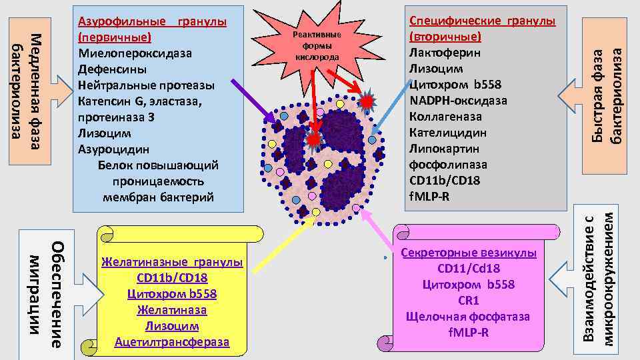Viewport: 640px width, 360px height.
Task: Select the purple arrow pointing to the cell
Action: point(252,101)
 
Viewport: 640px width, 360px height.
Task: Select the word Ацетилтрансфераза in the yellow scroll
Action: point(171,342)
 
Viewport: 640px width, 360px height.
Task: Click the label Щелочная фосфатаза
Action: point(467,317)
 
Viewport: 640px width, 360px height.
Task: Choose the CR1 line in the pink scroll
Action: point(469,301)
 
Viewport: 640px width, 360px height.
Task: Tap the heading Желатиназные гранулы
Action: point(172,263)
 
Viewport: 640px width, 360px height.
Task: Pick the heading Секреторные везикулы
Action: point(469,253)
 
